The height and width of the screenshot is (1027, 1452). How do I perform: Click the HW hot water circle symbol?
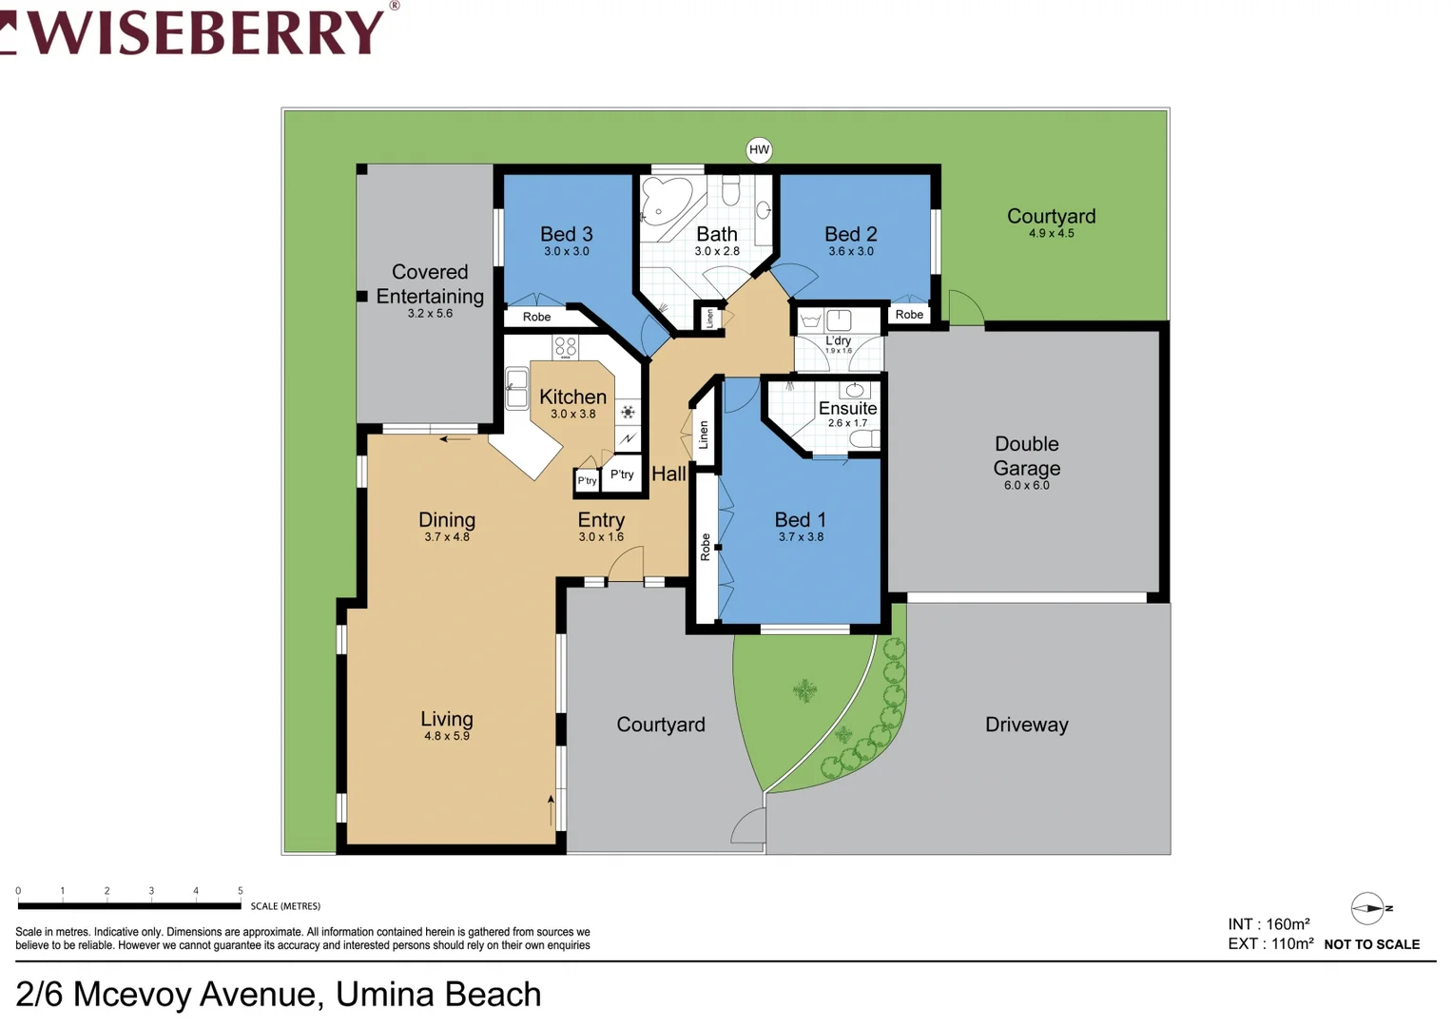coord(759,149)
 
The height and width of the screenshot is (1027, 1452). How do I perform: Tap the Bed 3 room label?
coord(566,234)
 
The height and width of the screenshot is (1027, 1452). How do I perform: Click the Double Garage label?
coord(1026,455)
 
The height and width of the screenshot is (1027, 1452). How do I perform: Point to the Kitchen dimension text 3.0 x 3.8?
coord(572,414)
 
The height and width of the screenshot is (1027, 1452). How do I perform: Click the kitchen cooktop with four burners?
coord(566,346)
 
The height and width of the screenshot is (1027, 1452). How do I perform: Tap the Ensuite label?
coord(847,408)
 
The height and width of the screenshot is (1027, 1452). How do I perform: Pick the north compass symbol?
coord(1369,908)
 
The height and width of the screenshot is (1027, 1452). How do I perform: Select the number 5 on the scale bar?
coord(240,891)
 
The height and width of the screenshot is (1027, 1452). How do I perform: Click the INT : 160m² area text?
coord(1268,924)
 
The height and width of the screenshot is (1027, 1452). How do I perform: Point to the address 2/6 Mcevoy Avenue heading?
coord(279,994)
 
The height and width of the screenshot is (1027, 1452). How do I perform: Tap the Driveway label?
coord(1026,725)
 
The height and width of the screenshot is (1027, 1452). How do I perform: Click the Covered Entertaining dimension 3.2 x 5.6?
coord(430,313)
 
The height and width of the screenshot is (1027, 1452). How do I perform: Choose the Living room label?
coord(446,719)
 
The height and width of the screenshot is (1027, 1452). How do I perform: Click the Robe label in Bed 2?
coord(908,315)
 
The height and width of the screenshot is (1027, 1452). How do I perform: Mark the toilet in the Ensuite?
coord(864,438)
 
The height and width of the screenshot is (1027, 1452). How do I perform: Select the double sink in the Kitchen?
coord(516,387)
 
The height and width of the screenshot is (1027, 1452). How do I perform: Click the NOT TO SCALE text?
coord(1371,944)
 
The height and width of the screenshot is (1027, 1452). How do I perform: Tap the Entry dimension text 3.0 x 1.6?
coord(601,537)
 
